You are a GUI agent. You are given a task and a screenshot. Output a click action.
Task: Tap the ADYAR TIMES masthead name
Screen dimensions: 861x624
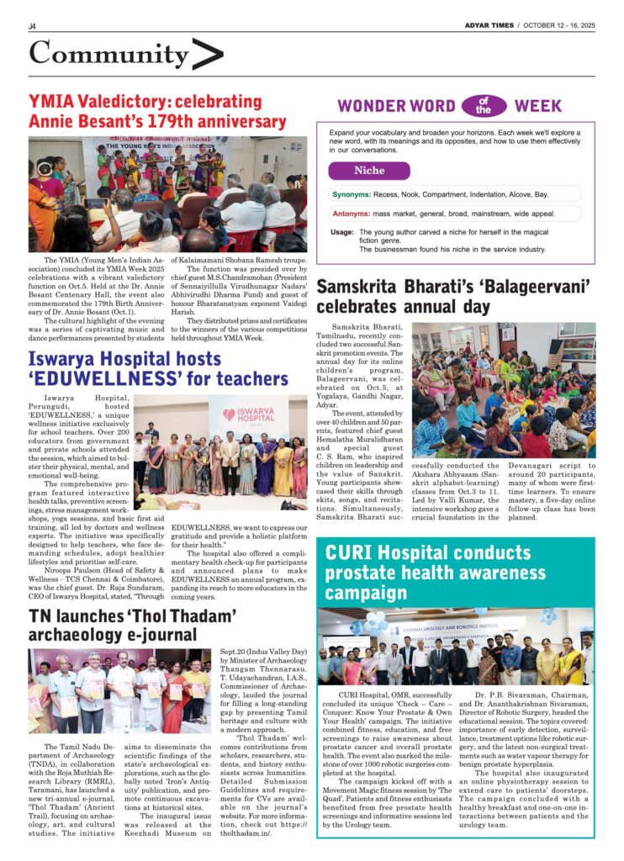point(489,25)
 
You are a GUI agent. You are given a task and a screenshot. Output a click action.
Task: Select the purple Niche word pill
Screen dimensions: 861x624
point(369,171)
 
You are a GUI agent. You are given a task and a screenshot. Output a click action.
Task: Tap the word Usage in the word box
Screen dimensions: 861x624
point(341,232)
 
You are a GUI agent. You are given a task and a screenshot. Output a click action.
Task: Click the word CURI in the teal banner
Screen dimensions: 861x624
point(350,553)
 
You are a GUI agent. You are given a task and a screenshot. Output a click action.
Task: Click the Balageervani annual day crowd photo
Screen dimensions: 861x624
point(503,389)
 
